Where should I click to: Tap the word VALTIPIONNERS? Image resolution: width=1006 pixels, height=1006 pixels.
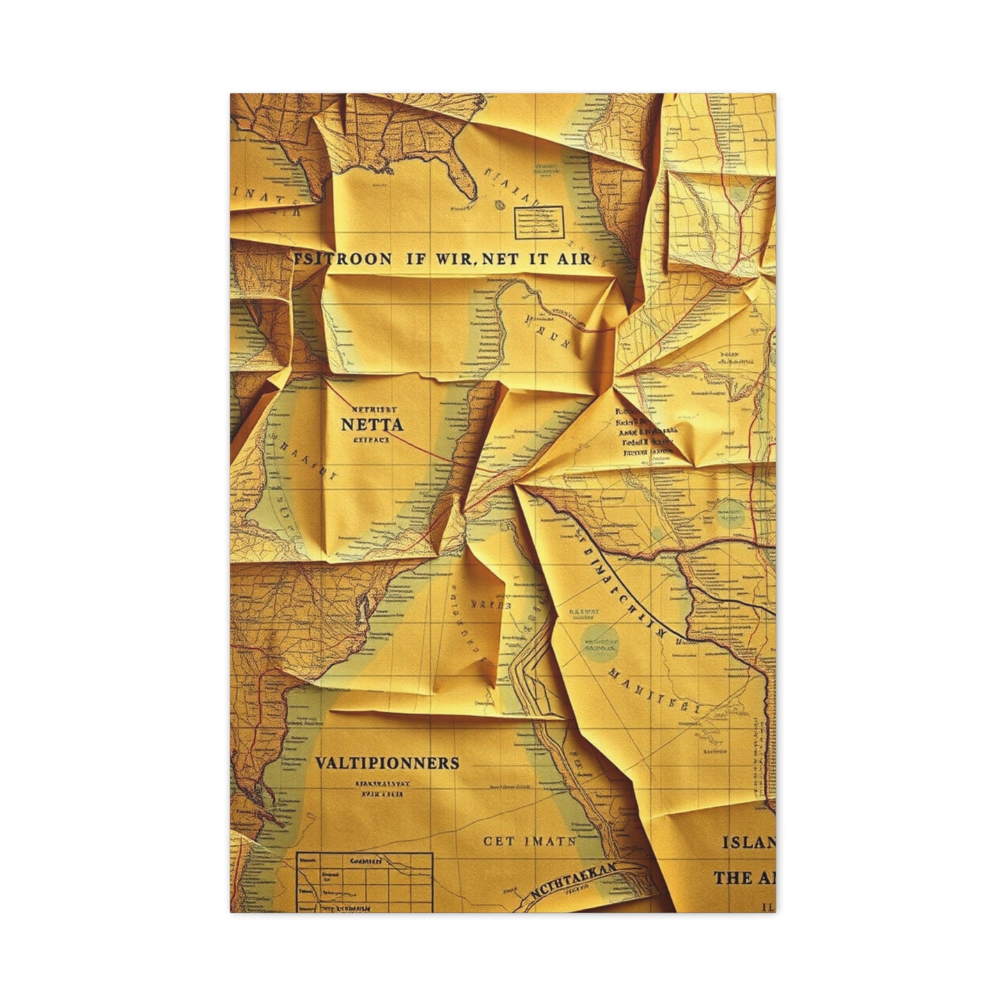point(387,762)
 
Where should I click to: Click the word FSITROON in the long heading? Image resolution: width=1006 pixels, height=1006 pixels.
point(340,258)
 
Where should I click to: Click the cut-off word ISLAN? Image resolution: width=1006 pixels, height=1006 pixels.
point(748,842)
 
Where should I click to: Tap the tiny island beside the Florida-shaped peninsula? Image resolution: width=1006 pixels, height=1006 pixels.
point(500,204)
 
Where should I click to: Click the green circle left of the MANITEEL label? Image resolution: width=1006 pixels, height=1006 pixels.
point(599,640)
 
